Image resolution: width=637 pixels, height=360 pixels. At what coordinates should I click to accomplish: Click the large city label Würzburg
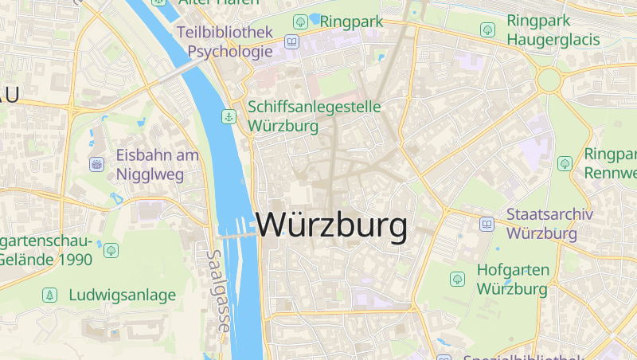pos(331,226)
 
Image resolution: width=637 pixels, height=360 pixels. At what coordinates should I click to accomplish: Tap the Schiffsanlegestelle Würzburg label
pos(315,116)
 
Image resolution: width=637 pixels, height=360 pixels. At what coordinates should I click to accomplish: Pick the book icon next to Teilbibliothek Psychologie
pos(292,42)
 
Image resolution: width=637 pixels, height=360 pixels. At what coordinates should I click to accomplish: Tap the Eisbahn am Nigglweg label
pos(158,165)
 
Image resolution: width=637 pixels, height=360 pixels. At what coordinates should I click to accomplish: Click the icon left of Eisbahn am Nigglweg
pos(96,165)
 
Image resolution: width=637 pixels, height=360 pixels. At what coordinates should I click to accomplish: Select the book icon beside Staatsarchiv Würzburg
pos(487,225)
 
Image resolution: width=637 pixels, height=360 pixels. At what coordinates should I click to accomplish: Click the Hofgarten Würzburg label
pos(512,279)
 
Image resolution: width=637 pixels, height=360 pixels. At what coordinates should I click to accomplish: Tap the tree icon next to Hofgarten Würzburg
pos(457,279)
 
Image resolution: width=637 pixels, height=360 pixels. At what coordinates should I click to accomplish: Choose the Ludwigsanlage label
pos(122,295)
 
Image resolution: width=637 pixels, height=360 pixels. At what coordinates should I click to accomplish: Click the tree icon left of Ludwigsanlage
pos(50,295)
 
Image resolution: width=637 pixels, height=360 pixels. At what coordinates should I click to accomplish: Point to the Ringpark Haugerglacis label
pos(552,29)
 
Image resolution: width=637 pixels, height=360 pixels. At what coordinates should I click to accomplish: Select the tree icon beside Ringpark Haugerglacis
pos(487,29)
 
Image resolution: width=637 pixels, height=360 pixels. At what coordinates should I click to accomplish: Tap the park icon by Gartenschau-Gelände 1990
pos(111,250)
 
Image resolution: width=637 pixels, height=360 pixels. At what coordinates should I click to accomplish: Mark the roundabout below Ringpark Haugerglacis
pos(549,80)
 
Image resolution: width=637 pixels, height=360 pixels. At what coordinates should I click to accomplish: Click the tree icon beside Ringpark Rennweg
pos(565,163)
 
